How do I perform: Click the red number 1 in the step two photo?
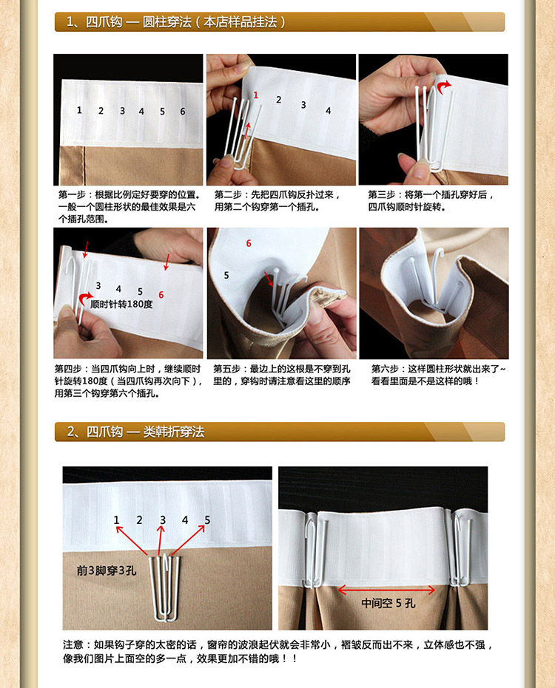pyautogui.click(x=256, y=95)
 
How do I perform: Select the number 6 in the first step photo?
pyautogui.click(x=182, y=112)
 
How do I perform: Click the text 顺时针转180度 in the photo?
pyautogui.click(x=121, y=304)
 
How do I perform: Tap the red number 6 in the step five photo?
pyautogui.click(x=249, y=243)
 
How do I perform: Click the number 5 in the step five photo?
pyautogui.click(x=226, y=275)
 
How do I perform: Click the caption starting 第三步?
pyautogui.click(x=431, y=200)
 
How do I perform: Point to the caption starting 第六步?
pyautogui.click(x=438, y=375)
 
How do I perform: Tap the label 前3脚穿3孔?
pyautogui.click(x=107, y=571)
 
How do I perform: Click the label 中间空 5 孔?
pyautogui.click(x=388, y=603)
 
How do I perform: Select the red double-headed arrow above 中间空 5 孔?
pyautogui.click(x=387, y=590)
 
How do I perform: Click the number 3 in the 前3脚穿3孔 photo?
pyautogui.click(x=163, y=520)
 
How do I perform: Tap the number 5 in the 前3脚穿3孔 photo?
pyautogui.click(x=207, y=520)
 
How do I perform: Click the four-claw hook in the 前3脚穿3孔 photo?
pyautogui.click(x=165, y=588)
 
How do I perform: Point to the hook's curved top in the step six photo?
pyautogui.click(x=437, y=253)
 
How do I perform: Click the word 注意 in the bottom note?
pyautogui.click(x=73, y=644)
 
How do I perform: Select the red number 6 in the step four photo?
pyautogui.click(x=161, y=295)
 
